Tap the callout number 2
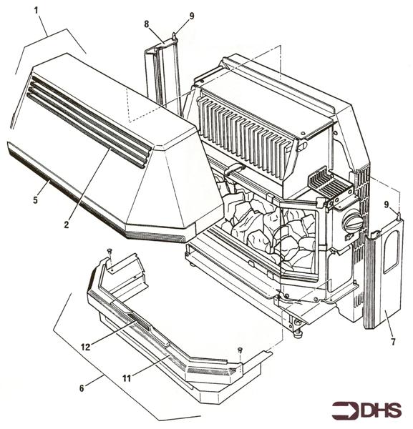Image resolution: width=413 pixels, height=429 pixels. (x=66, y=224)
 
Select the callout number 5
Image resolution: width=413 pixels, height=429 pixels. (x=35, y=200)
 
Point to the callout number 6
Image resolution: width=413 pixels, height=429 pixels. (x=82, y=388)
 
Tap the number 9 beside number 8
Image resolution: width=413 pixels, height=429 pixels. (x=191, y=15)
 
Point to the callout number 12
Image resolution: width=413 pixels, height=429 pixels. (x=85, y=347)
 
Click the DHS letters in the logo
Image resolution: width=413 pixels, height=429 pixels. (x=380, y=410)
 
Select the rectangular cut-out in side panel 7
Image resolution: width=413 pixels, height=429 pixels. (x=392, y=255)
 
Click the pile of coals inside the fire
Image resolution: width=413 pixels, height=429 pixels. (x=268, y=229)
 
